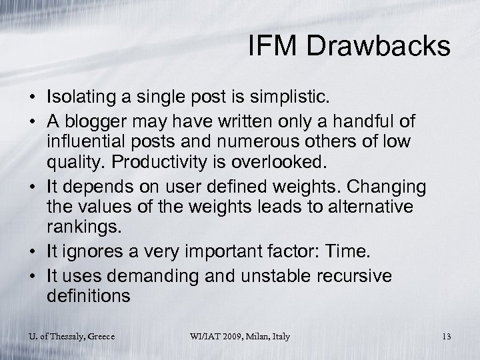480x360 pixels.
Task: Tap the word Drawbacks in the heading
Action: coord(377,47)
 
